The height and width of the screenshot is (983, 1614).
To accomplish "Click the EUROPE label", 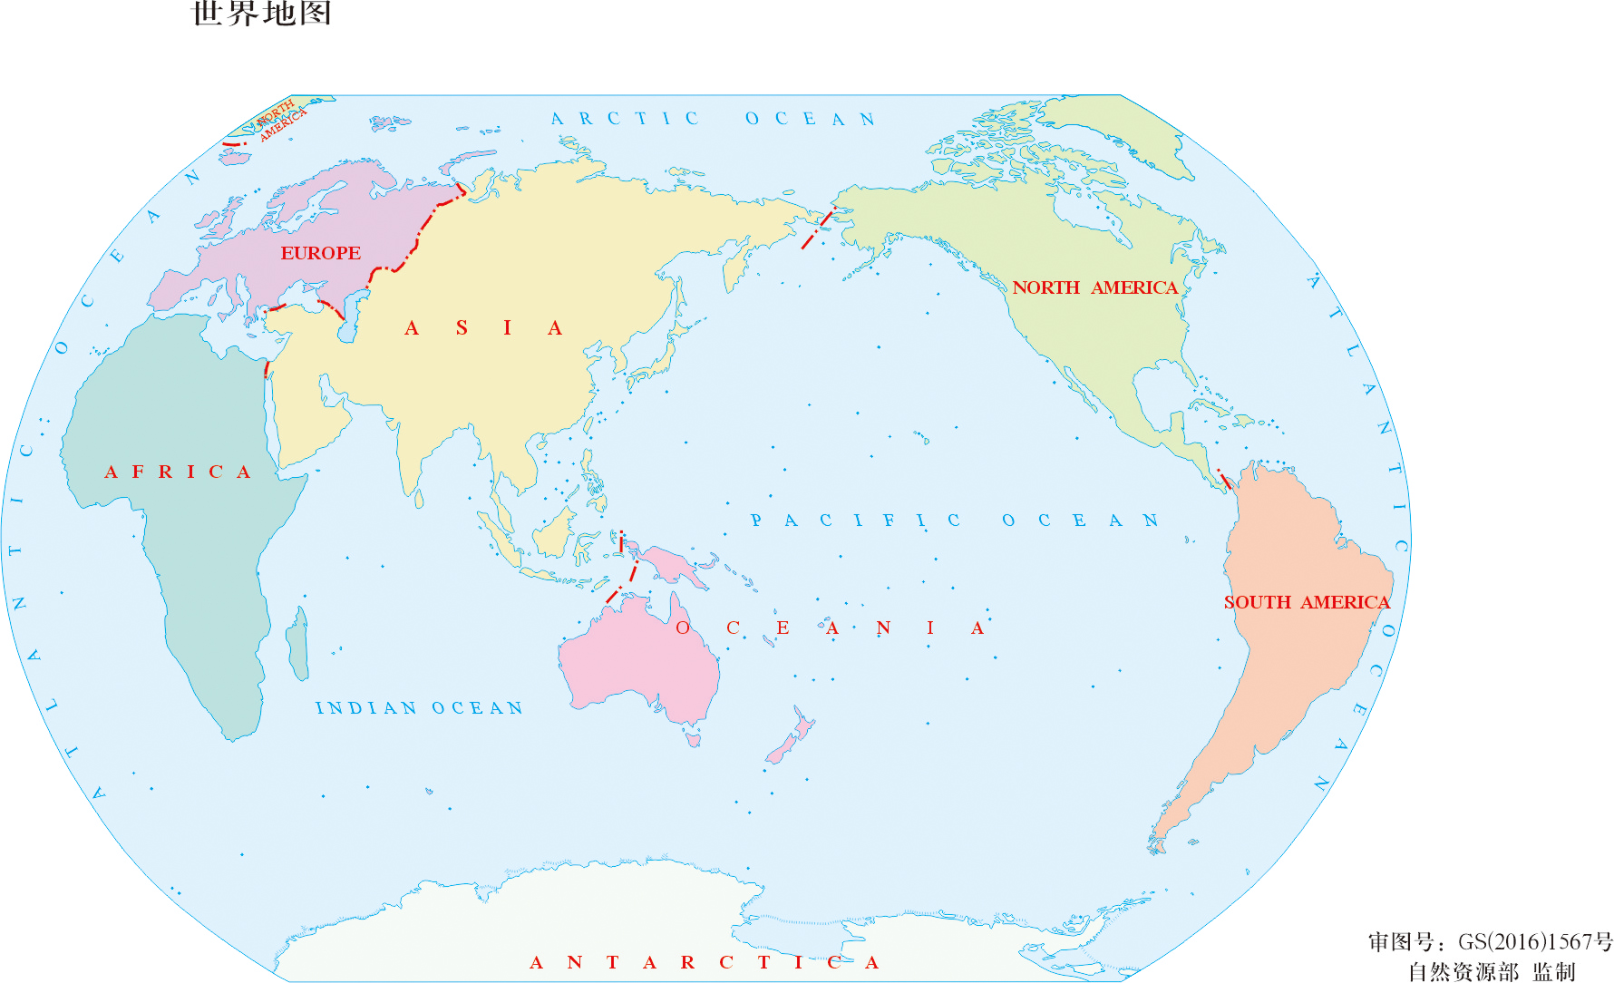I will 320,253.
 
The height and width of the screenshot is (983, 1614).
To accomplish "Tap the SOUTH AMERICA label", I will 1306,602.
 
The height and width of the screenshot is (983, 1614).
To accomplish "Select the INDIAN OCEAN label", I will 419,708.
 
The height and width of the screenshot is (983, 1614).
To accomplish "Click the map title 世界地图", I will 262,14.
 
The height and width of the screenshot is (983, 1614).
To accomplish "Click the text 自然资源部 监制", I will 1492,971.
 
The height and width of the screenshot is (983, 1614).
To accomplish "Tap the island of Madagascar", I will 297,644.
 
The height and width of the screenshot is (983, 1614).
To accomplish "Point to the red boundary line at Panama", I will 1224,478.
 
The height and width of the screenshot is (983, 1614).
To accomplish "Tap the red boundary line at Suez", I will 267,368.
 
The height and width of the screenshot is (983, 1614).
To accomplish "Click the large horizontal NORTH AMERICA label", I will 1094,287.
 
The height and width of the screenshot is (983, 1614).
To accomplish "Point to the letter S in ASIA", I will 462,328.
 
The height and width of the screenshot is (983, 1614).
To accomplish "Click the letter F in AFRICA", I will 138,472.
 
